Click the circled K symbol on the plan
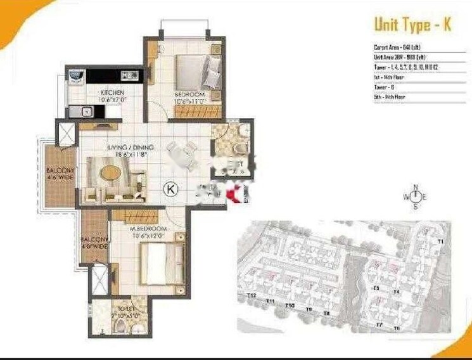(170, 188)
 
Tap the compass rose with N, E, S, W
(416, 197)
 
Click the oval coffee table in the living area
(110, 172)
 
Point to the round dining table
(179, 153)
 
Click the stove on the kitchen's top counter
(132, 75)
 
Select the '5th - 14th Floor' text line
(390, 96)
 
